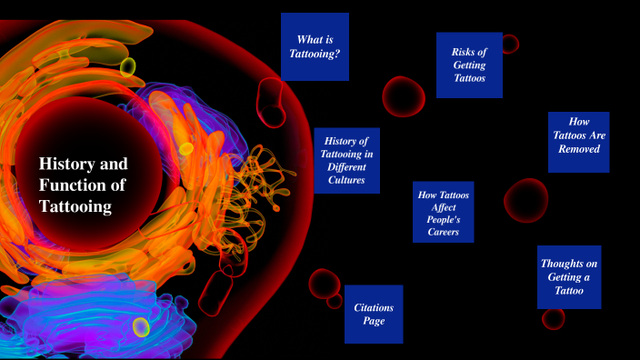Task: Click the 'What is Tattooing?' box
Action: click(315, 47)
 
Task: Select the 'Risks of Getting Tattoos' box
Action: click(469, 65)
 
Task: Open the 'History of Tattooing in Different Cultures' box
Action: click(346, 160)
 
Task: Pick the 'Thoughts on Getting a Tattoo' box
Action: click(568, 276)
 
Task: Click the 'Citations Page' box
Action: click(373, 314)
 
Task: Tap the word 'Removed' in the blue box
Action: click(579, 149)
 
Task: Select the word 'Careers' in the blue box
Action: click(442, 233)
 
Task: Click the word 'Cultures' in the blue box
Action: click(346, 180)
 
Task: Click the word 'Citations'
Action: click(373, 307)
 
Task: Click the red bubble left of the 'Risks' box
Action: click(403, 95)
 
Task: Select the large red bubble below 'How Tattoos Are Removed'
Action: click(525, 199)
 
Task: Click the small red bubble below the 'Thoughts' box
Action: click(553, 318)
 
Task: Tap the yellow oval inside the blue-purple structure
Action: click(141, 326)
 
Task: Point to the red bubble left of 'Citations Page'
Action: click(323, 283)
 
